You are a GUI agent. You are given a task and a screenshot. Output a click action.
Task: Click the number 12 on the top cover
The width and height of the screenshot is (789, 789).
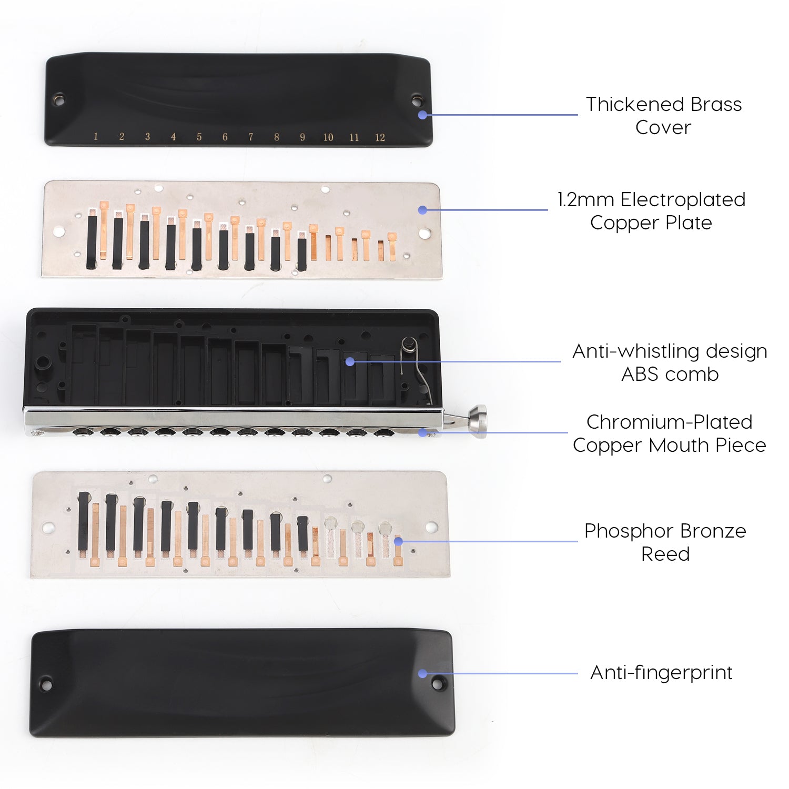[380, 138]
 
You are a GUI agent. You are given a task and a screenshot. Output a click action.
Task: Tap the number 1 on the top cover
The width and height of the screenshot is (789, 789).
[96, 137]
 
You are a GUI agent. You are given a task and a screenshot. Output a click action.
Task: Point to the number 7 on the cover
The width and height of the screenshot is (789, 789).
[251, 137]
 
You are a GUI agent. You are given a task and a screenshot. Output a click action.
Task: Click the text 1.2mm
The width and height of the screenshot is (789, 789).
[586, 200]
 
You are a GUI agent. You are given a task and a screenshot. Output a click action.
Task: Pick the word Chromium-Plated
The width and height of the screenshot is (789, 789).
[669, 422]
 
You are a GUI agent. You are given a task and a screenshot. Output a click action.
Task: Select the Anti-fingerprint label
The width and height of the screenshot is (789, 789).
[661, 672]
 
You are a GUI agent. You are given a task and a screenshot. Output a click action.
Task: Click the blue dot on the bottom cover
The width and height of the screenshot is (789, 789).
[422, 673]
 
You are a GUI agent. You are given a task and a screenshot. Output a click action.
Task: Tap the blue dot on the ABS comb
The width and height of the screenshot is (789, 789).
[350, 362]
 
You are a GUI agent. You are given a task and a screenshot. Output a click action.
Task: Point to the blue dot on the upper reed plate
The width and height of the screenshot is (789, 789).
[422, 210]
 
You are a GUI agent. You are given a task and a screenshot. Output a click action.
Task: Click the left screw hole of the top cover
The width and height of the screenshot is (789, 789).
[59, 99]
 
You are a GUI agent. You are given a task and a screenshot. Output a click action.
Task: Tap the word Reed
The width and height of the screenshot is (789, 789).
[665, 554]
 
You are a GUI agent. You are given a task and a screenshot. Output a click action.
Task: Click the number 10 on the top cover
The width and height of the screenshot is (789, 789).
[328, 138]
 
